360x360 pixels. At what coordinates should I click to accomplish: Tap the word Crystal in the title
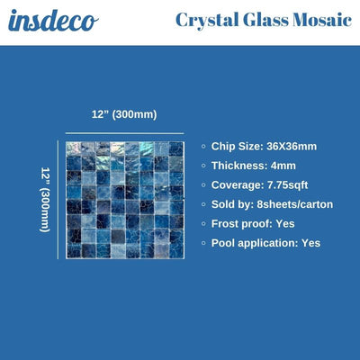click(206, 20)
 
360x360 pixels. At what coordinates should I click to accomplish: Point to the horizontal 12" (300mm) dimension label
click(124, 114)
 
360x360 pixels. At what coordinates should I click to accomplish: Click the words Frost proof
click(242, 223)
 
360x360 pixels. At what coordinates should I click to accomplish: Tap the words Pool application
click(254, 243)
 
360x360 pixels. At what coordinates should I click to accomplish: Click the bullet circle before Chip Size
click(202, 146)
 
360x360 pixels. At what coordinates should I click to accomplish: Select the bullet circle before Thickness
click(202, 166)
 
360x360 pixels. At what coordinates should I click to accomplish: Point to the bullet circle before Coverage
click(202, 184)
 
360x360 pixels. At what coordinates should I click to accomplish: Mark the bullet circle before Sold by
click(202, 204)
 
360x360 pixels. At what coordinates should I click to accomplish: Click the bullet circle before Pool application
click(202, 243)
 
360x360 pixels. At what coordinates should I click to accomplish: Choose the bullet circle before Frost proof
click(202, 223)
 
